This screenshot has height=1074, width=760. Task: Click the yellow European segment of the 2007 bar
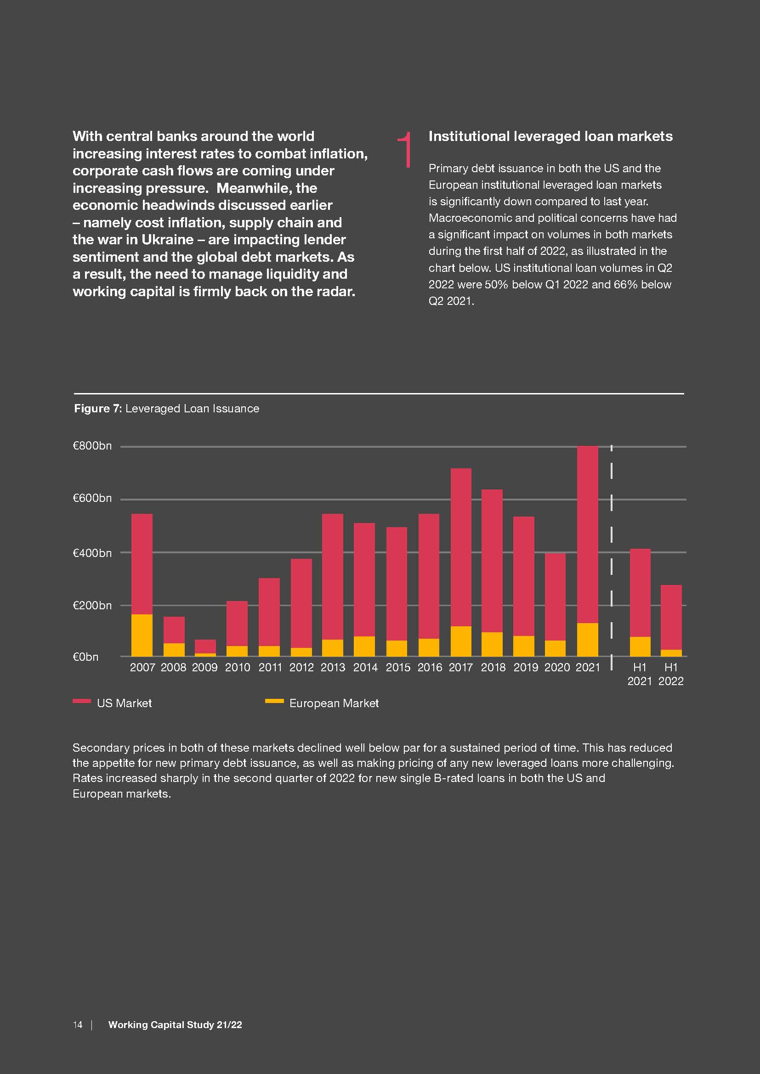tap(142, 635)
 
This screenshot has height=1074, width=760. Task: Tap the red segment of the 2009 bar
tap(205, 646)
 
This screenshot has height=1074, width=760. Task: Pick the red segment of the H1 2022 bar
tap(670, 617)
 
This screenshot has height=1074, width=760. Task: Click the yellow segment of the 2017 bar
tap(460, 641)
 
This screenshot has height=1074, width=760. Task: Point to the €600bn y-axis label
tap(92, 498)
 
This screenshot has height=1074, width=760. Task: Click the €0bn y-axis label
tap(85, 657)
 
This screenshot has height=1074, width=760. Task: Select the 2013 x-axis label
tap(333, 668)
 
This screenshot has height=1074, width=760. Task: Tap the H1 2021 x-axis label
tap(639, 674)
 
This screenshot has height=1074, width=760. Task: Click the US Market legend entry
tap(124, 703)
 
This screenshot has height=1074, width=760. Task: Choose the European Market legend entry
tap(334, 703)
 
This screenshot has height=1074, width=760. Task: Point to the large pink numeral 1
tap(405, 149)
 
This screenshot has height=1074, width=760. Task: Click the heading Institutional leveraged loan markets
tap(550, 136)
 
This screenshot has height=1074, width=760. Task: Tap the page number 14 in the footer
tap(78, 1024)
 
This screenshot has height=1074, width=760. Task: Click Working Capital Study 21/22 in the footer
tap(175, 1024)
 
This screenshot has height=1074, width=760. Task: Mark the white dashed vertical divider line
tap(612, 552)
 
